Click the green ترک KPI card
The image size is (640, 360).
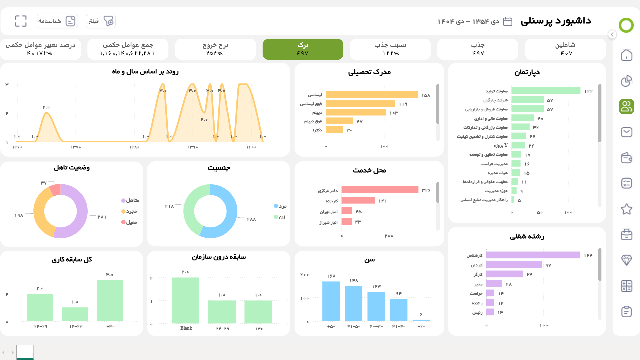(303, 49)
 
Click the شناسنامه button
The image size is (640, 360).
(57, 21)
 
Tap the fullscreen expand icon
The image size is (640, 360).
(21, 21)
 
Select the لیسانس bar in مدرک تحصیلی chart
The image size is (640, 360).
(371, 95)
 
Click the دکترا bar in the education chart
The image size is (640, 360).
(334, 130)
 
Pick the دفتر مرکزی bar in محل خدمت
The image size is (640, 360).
(379, 190)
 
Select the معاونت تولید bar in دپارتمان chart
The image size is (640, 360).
(545, 91)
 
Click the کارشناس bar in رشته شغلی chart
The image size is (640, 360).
(533, 255)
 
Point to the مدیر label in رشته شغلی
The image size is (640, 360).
(478, 284)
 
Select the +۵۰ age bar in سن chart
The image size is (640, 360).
(331, 301)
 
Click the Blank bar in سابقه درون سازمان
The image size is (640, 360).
(185, 300)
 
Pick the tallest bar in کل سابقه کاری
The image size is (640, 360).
(110, 300)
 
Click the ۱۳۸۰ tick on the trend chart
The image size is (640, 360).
(134, 147)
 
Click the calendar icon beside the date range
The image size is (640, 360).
(507, 21)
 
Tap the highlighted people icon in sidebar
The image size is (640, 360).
(626, 107)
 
